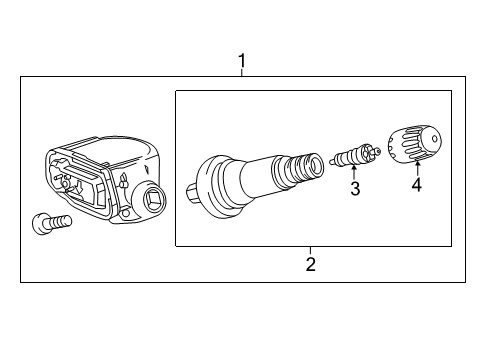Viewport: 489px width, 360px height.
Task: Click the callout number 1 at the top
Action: pyautogui.click(x=241, y=63)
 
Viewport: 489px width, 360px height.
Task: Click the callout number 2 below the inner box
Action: pyautogui.click(x=311, y=264)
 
